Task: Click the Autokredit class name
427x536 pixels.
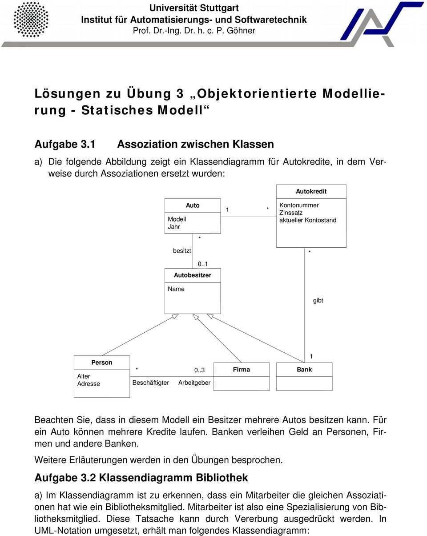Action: [311, 191]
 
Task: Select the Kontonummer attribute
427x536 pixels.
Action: [299, 205]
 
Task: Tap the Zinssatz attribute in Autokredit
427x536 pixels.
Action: [291, 213]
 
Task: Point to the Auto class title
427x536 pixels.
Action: [193, 206]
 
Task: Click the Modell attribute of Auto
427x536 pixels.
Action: [177, 219]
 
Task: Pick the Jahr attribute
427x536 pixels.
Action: [174, 227]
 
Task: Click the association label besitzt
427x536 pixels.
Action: [182, 251]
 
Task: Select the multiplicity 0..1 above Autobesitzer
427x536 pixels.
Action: [203, 264]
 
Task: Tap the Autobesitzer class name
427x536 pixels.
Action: [193, 275]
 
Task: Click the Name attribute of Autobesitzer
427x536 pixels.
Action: [176, 289]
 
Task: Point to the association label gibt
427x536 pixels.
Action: [318, 301]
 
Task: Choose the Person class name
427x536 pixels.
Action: [102, 363]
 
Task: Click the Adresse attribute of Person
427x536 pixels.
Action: [89, 384]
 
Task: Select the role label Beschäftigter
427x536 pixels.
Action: [151, 383]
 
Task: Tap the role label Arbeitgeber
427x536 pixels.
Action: [194, 383]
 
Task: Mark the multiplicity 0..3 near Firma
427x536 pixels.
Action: [199, 370]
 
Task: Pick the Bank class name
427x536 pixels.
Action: [304, 370]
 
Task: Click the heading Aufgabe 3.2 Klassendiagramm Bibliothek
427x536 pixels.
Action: [141, 478]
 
